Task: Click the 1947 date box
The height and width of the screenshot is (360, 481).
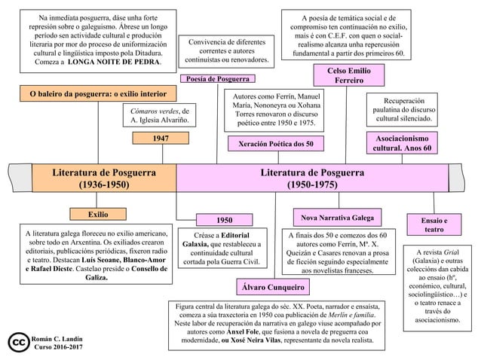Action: (x=161, y=138)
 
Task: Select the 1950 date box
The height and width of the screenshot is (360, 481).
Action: (x=224, y=221)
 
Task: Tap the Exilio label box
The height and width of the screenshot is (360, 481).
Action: (x=92, y=214)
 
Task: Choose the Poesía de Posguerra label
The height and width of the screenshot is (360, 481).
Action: (x=217, y=78)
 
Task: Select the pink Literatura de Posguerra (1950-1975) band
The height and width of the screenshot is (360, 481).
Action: (x=312, y=178)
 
